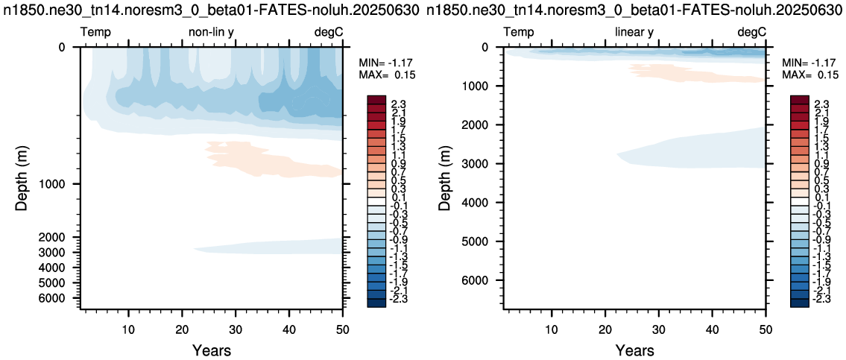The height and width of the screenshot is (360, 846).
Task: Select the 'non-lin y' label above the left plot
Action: click(211, 32)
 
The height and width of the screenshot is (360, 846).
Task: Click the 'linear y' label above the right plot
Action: click(634, 32)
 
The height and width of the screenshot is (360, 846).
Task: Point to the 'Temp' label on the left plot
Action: click(95, 32)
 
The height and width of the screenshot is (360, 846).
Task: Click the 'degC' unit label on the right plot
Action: click(751, 32)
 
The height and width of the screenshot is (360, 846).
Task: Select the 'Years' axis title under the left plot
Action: click(212, 350)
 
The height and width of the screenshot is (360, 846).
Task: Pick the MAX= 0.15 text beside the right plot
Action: click(805, 74)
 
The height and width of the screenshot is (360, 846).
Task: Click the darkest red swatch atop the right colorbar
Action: click(799, 99)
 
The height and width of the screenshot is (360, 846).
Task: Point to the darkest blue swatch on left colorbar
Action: click(376, 303)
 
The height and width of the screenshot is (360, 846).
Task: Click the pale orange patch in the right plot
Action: click(696, 73)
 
